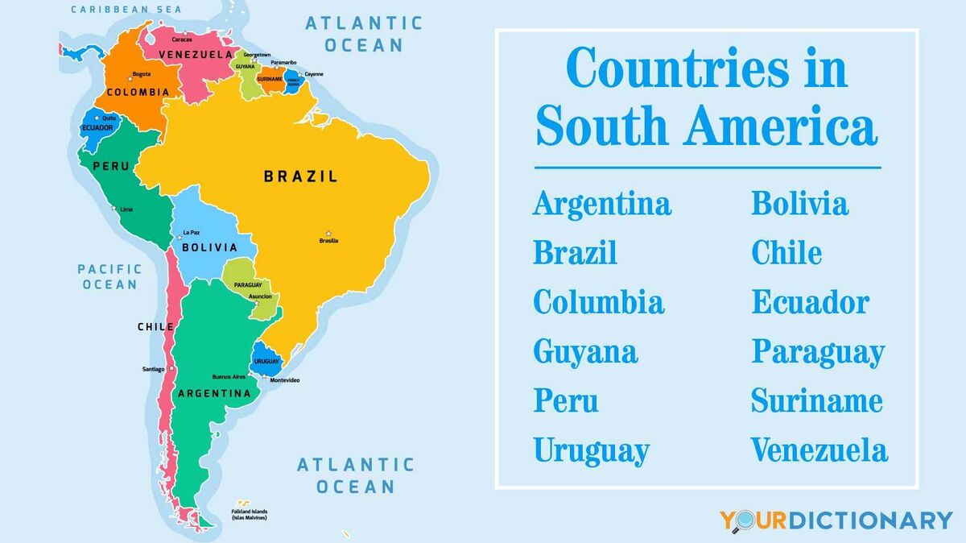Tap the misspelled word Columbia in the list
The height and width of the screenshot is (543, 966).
598,302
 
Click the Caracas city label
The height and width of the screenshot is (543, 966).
182,39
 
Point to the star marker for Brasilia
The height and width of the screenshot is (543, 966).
328,234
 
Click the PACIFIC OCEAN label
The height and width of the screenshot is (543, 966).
109,276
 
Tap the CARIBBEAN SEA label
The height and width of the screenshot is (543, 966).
126,10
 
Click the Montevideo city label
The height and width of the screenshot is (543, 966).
284,380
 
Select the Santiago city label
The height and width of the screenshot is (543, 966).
153,370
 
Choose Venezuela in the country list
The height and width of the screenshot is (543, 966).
819,450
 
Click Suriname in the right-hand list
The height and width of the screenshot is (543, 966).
816,401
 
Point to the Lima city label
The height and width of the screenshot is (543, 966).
126,209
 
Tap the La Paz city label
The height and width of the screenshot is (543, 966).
191,232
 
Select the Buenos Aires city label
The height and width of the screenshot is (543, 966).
229,377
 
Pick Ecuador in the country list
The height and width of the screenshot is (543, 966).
810,302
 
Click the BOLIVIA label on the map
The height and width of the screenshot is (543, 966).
209,247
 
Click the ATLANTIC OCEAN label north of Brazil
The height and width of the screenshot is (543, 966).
363,34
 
